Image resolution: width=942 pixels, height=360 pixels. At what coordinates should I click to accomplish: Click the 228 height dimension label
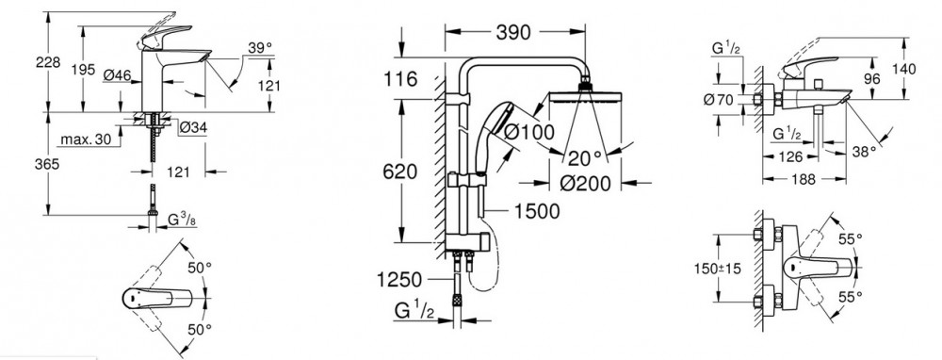pos(48,62)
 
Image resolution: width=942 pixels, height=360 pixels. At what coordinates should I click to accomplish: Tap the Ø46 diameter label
pos(117,74)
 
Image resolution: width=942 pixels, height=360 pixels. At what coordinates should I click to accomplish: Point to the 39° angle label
pos(260,47)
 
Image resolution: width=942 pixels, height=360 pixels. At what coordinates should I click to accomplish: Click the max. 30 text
pos(86,139)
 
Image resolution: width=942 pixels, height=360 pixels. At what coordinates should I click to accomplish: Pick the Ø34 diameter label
pos(193,127)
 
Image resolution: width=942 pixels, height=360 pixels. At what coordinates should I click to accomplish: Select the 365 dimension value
pos(47,163)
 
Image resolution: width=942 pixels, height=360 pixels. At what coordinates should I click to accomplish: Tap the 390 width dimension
pos(513,32)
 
